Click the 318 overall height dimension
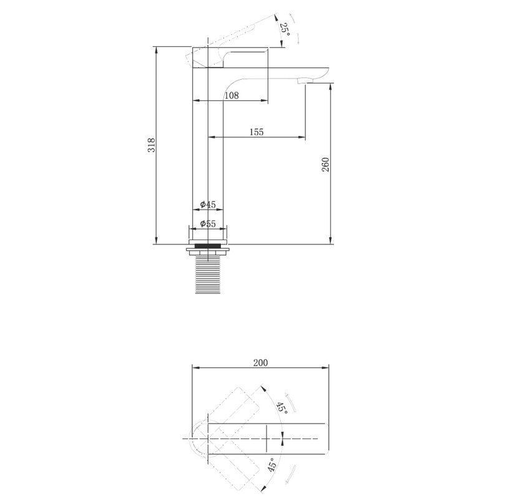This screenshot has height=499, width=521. tap(152, 145)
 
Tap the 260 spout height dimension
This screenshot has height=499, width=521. tap(326, 165)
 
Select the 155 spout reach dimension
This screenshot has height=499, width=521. tap(256, 132)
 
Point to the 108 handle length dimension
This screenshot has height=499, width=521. tap(231, 95)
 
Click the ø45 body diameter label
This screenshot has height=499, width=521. tap(208, 205)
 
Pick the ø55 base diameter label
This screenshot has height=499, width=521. tap(208, 223)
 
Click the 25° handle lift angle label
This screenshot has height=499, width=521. tap(285, 30)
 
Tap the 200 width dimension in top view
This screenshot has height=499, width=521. tap(261, 363)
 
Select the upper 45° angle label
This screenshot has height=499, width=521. tap(283, 407)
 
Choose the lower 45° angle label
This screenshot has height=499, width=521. tap(272, 465)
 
